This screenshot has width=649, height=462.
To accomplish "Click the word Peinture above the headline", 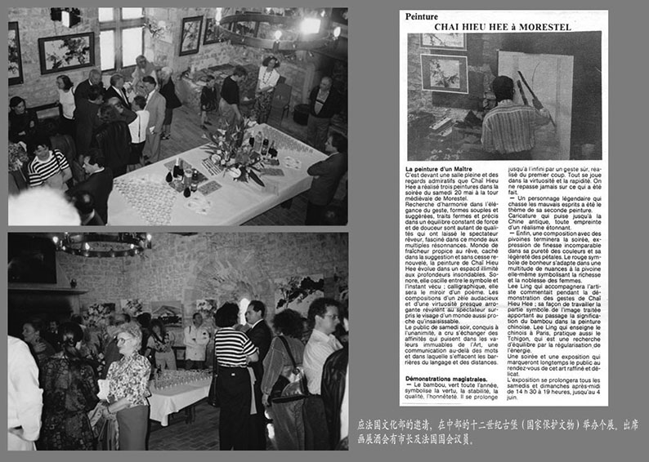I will [421, 16].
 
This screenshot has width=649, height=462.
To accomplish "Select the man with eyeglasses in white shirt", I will [322, 359].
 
